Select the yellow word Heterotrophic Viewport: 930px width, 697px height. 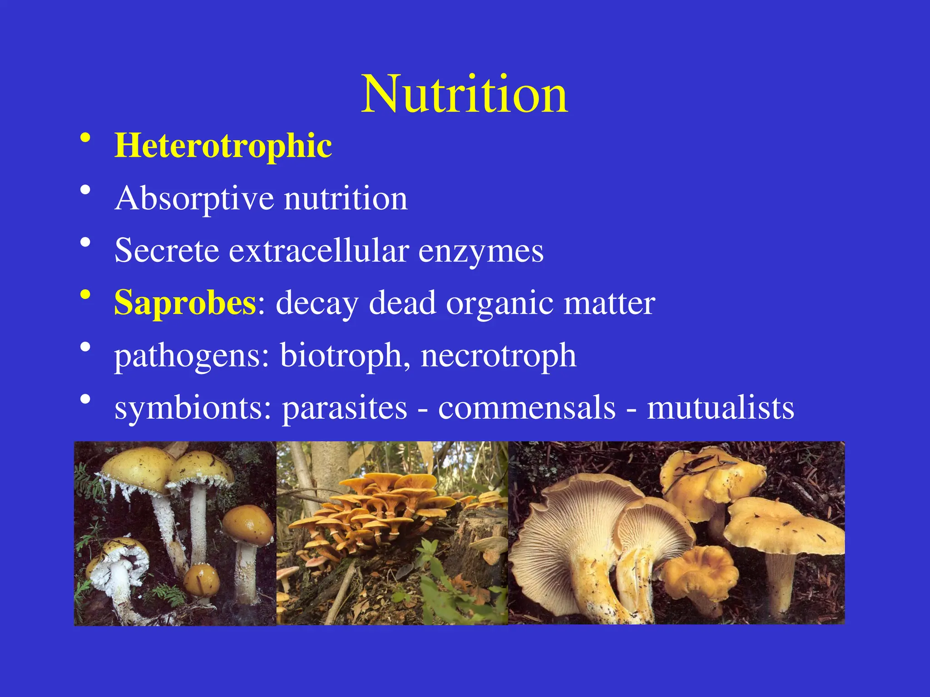point(223,146)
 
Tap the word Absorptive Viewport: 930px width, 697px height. point(195,199)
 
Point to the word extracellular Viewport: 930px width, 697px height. point(318,250)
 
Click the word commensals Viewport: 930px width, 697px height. point(527,407)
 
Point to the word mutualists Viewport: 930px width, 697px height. point(720,407)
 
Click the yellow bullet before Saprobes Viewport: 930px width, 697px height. point(85,295)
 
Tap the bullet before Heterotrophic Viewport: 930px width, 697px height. point(85,138)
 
